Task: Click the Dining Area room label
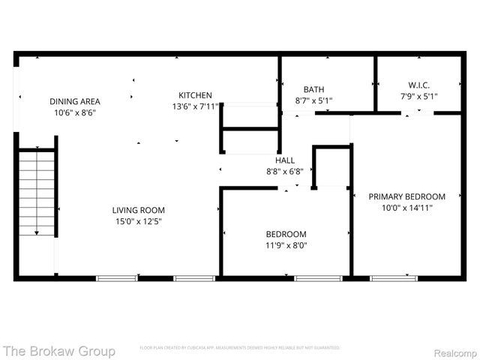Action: coord(75,101)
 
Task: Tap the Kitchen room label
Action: coord(195,95)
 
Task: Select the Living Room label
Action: coord(139,210)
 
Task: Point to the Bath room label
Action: coord(313,89)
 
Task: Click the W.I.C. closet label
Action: coord(418,85)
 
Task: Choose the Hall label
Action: coord(285,160)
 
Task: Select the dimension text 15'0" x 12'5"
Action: coord(139,221)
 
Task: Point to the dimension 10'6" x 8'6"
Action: coord(75,112)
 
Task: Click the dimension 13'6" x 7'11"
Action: coord(195,106)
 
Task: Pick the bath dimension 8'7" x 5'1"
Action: coord(313,100)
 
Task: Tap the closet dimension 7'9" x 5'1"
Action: coord(418,96)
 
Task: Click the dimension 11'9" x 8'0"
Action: coord(286,244)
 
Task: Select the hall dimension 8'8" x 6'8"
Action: coord(285,171)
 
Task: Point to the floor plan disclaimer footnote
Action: coord(239,348)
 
